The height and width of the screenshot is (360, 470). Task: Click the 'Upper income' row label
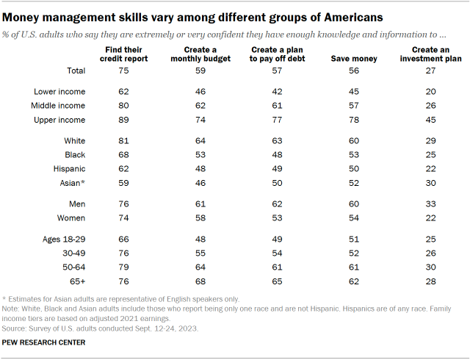60,120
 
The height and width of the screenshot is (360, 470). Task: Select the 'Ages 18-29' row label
61,239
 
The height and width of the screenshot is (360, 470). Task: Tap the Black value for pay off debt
267,154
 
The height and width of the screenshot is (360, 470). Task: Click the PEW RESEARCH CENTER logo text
44,342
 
